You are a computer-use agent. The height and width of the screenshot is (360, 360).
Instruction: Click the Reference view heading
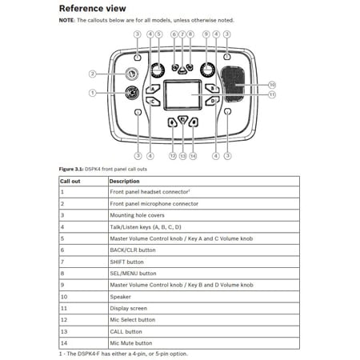[92, 9]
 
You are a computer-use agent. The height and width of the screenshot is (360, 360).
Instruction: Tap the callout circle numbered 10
[272, 85]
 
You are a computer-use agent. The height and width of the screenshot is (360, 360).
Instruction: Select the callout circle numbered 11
[272, 94]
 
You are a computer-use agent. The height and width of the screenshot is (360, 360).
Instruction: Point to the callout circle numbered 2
[92, 74]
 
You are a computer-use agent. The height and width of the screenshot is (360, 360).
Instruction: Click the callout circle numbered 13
[182, 156]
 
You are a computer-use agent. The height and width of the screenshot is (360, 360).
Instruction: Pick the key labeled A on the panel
[153, 89]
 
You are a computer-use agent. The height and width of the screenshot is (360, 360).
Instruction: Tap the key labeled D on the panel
[213, 101]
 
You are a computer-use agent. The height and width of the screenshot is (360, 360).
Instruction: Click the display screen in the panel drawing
[182, 95]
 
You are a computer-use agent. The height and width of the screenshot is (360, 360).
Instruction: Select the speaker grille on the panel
[234, 84]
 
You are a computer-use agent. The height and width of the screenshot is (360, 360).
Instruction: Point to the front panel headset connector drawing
[132, 93]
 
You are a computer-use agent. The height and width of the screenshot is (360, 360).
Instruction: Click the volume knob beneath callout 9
[207, 70]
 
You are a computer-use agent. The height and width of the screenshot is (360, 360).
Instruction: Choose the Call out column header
[70, 182]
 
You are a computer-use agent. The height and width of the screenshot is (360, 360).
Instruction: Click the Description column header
[124, 182]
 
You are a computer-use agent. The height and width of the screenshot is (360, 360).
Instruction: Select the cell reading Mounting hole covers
[138, 215]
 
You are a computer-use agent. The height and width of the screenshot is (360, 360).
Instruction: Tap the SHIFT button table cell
[127, 262]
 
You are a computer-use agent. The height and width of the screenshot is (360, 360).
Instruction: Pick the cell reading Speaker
[121, 297]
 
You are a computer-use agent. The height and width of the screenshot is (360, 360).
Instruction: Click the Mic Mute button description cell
[131, 343]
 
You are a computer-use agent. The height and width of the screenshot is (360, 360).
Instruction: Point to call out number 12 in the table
[64, 320]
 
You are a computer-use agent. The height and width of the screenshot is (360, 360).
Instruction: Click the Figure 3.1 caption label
[71, 169]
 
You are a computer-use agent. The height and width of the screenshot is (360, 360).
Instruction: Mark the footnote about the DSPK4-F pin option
[123, 354]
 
